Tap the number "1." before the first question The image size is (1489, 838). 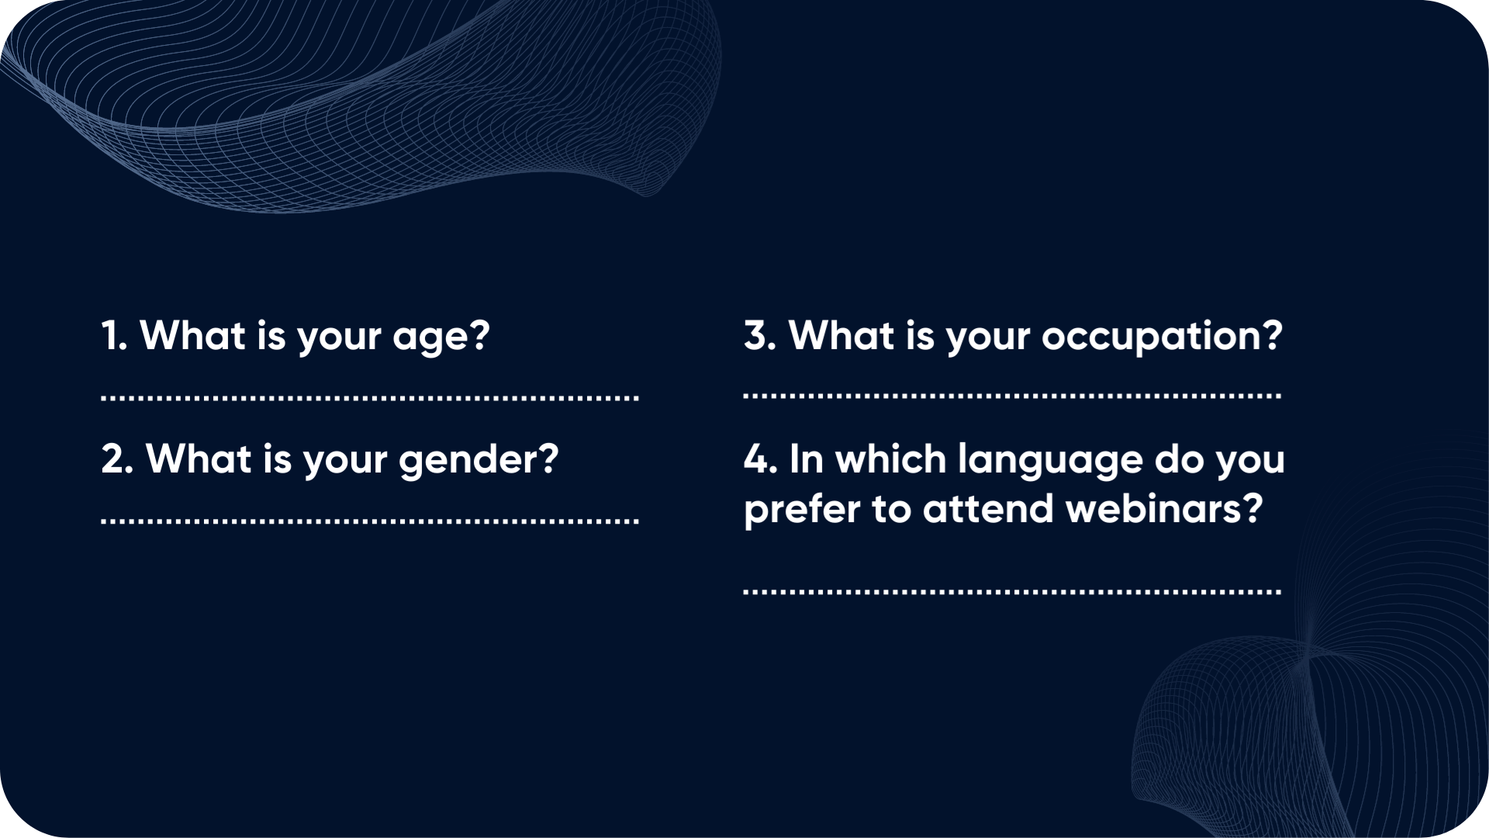click(114, 335)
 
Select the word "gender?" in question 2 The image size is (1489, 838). click(478, 460)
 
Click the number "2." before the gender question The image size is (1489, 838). click(117, 459)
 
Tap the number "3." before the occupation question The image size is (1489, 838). click(760, 335)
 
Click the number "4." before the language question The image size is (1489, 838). click(761, 459)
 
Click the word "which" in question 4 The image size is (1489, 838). click(891, 459)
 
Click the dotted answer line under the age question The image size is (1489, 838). click(370, 399)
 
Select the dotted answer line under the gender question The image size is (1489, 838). click(370, 521)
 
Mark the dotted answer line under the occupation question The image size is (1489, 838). click(1012, 396)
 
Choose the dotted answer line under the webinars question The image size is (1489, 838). click(1012, 591)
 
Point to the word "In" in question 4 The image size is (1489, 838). click(807, 459)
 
